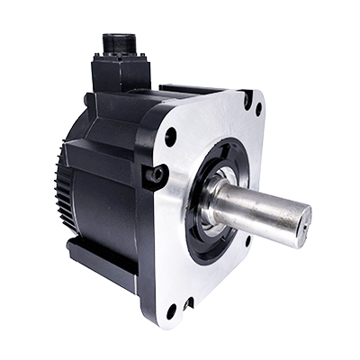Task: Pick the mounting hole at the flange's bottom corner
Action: click(x=171, y=311)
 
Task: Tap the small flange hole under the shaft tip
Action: click(x=248, y=240)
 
